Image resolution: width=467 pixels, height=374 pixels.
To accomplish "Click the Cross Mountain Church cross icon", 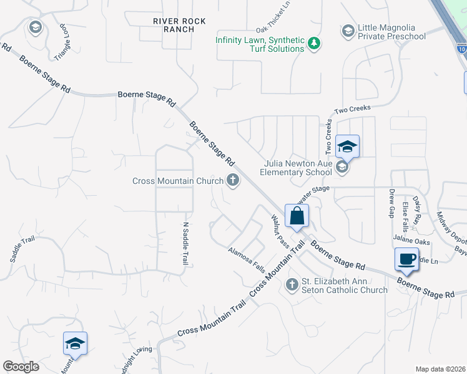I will tap(233, 181).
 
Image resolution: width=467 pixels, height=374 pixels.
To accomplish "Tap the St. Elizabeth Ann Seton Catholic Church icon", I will tap(292, 285).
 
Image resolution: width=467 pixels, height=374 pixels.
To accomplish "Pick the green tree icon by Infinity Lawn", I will tap(315, 43).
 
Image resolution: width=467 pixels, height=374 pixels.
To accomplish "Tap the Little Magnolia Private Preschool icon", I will tap(348, 30).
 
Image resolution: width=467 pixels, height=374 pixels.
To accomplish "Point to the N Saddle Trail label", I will tap(185, 244).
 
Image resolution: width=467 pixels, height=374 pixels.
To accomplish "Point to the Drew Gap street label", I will tap(392, 202).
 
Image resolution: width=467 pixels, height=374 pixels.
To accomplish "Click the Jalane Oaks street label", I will tap(412, 239).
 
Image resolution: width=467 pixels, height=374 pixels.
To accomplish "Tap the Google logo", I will tap(21, 367).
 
